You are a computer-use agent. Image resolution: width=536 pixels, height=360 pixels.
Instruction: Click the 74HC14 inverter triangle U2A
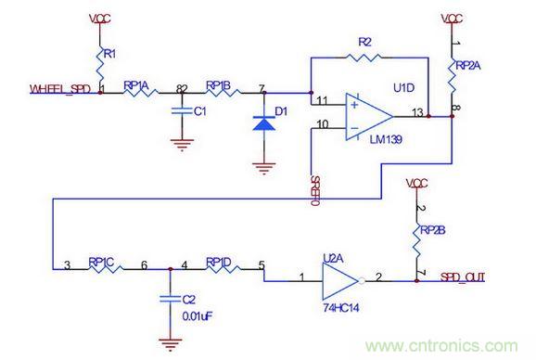click(339, 278)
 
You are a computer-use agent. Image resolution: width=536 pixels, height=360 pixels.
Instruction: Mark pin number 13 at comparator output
click(418, 112)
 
